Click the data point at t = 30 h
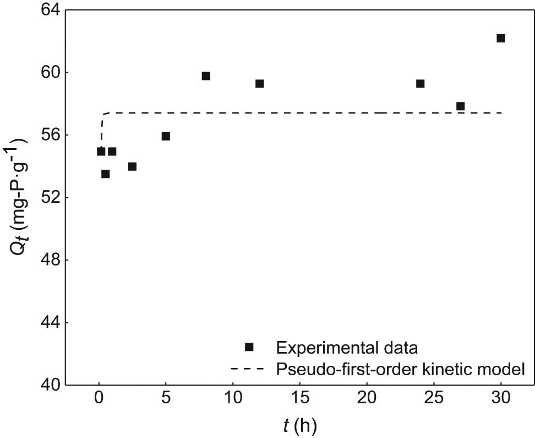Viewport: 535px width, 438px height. point(501,38)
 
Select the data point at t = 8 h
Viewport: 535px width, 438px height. point(206,76)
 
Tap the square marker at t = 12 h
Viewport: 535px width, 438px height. point(260,84)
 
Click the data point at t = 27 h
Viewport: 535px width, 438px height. point(461,106)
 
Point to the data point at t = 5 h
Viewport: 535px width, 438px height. point(166,136)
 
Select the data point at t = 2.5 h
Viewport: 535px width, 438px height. point(132,166)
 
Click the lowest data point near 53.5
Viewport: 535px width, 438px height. point(105,174)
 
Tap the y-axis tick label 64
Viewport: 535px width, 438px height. point(45,10)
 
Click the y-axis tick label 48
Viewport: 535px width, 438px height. point(45,260)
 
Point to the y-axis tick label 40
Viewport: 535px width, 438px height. point(45,385)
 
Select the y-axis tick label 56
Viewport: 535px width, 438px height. point(45,135)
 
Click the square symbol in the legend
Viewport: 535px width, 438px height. point(249,347)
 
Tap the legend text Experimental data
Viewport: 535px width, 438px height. point(347,348)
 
